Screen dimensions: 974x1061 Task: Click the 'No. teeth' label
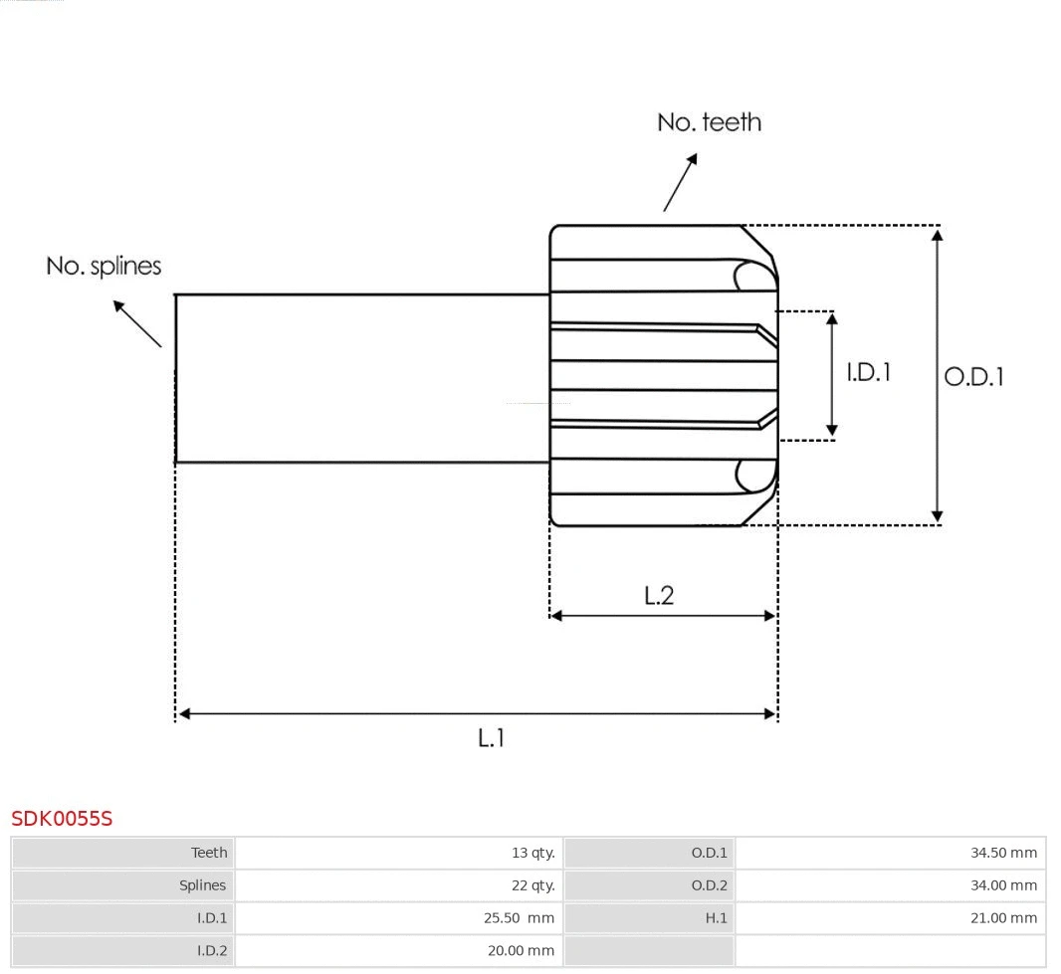[x=709, y=122]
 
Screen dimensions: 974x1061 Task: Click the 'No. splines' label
[x=104, y=267]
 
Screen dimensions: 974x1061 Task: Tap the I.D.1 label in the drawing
[x=868, y=372]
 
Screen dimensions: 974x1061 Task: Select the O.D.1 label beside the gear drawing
[x=973, y=377]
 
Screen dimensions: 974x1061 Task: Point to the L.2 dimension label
[x=659, y=595]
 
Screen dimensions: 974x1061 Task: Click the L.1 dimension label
[x=491, y=738]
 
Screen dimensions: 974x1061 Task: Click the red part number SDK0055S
[x=62, y=819]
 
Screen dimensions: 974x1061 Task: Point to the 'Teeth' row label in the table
[x=209, y=853]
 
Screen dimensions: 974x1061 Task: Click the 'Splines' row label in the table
[x=202, y=885]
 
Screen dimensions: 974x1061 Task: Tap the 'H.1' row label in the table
[x=716, y=918]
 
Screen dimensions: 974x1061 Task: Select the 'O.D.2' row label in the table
[x=709, y=885]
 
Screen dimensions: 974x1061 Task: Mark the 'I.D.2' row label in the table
[x=211, y=951]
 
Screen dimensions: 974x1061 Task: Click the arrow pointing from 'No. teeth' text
[x=680, y=183]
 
